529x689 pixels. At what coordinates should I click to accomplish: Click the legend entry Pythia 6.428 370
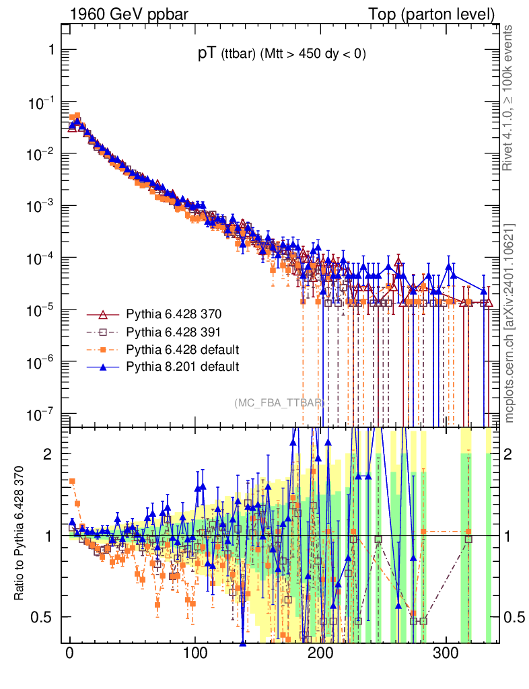click(x=174, y=315)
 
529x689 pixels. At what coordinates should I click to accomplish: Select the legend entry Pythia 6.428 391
click(x=174, y=332)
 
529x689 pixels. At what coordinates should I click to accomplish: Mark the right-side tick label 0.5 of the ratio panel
click(x=515, y=617)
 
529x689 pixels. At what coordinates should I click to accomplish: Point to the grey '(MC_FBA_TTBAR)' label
click(x=279, y=402)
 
